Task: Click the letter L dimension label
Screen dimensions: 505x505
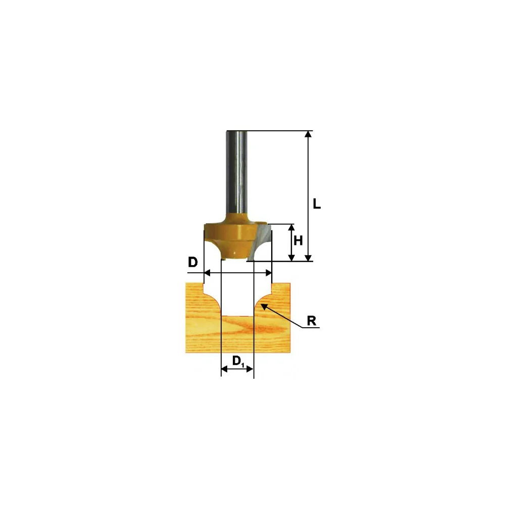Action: click(317, 204)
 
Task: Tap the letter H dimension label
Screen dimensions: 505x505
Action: click(298, 240)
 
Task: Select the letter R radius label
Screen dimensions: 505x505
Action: click(312, 321)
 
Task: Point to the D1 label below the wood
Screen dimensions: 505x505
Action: click(238, 361)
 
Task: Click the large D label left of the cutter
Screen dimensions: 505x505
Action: click(192, 263)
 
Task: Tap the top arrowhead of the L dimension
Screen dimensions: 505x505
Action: click(308, 134)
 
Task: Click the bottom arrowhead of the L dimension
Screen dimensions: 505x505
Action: click(308, 258)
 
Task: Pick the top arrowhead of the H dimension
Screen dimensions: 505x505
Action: click(291, 227)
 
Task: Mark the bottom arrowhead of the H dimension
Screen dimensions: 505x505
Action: click(291, 258)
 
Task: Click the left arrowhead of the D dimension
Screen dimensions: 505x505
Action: click(208, 273)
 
